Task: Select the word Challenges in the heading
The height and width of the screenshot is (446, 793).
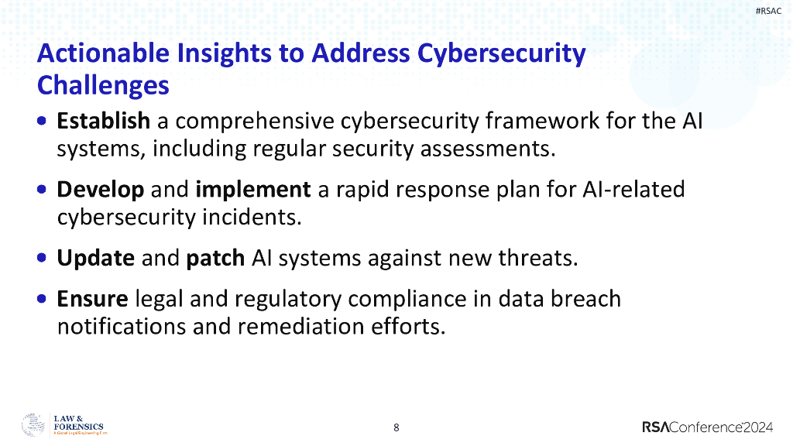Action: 103,84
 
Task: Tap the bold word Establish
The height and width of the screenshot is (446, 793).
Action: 104,121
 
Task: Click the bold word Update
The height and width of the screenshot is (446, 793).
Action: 96,257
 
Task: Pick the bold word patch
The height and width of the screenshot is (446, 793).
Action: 217,258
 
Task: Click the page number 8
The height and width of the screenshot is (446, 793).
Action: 396,427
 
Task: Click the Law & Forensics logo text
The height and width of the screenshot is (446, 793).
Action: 77,424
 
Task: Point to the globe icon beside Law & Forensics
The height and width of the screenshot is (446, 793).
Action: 33,425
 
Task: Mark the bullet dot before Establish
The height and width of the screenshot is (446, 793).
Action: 42,122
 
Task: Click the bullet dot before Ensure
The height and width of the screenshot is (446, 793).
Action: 42,299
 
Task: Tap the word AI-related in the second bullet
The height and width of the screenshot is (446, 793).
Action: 632,189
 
